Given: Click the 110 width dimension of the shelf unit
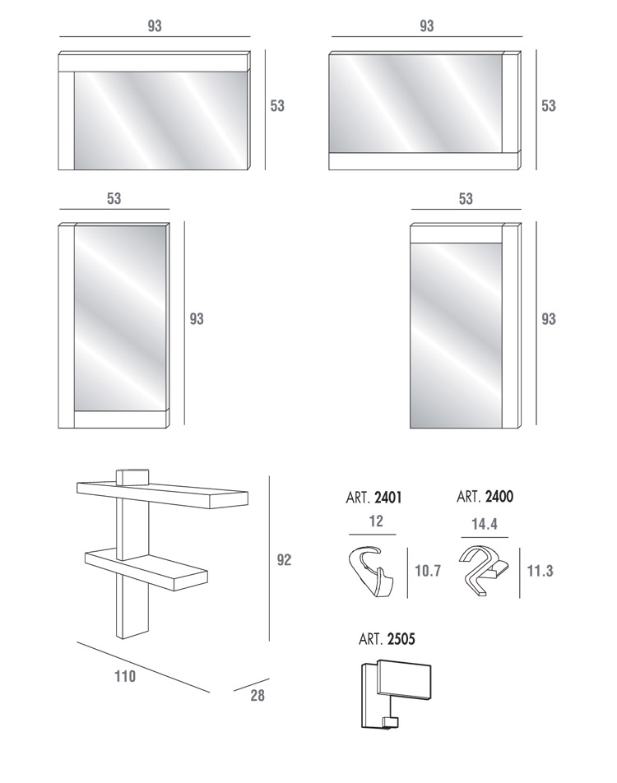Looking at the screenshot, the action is click(125, 676).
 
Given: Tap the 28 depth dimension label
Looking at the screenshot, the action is click(257, 695).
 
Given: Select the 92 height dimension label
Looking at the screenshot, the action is click(284, 560).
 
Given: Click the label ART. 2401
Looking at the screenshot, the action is click(373, 498).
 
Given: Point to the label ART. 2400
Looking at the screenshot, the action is click(485, 497).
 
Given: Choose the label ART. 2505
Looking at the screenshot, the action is click(387, 639).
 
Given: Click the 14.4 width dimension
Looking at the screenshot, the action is click(484, 524).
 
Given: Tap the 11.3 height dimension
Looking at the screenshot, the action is click(540, 571).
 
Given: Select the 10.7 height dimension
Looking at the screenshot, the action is click(428, 570).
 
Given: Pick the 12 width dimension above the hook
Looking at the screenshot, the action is click(376, 521).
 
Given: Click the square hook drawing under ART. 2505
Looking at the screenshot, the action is click(395, 694).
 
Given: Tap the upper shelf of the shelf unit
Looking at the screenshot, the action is click(162, 495).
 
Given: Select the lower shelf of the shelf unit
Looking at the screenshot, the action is click(146, 569).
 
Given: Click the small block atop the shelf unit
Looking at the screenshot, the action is click(132, 476).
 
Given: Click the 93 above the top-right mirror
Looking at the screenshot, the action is click(427, 25).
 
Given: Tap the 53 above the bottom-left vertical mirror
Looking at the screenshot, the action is click(114, 198).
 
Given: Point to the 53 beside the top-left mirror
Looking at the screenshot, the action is click(277, 106).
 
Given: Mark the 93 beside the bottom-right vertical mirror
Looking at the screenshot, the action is click(549, 318).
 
